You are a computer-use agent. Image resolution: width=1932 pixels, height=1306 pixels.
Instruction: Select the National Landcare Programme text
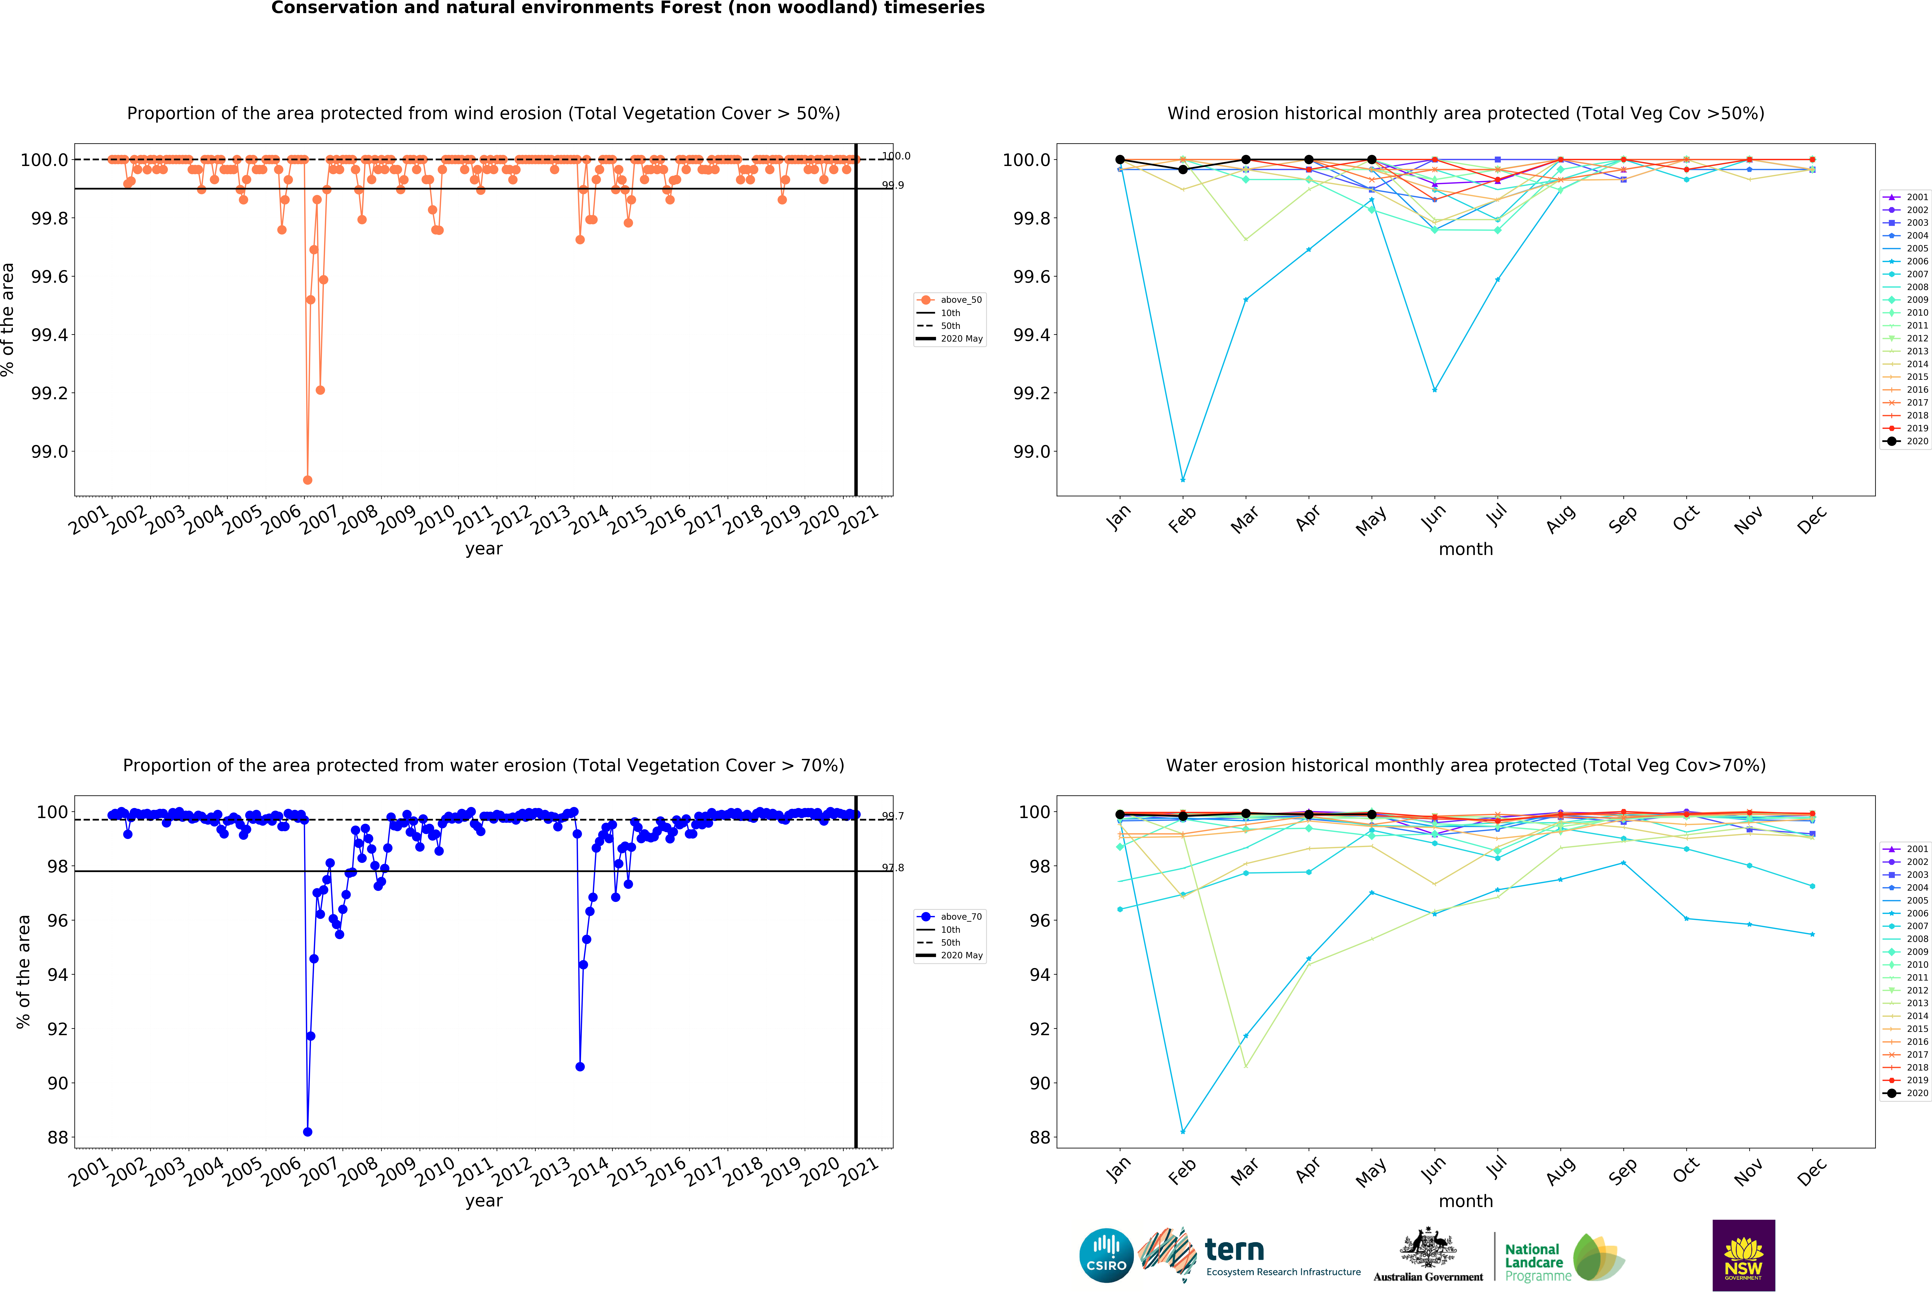tap(1537, 1262)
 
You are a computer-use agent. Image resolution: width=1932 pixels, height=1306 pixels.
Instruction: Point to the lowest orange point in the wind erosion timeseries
tap(308, 480)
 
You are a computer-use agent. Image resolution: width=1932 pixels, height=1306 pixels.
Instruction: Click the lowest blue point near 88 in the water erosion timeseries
tap(308, 1131)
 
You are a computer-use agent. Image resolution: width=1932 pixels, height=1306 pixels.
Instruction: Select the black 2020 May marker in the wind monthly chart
tap(1372, 160)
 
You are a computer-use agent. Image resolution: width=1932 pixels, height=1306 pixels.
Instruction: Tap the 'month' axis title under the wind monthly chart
tap(1466, 549)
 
